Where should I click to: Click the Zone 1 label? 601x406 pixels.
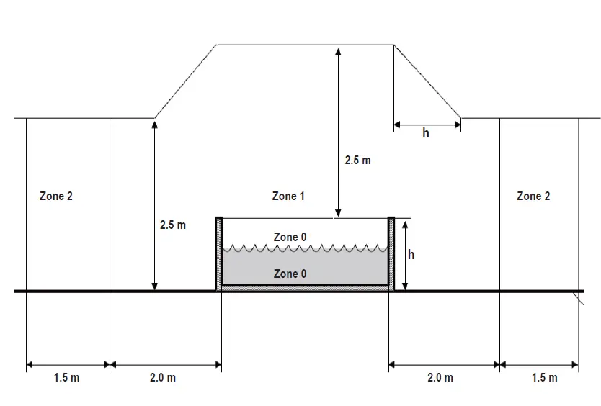click(288, 196)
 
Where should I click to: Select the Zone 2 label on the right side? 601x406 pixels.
click(534, 196)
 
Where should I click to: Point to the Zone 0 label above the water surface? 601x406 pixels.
click(290, 237)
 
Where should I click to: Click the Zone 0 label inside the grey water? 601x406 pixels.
click(290, 274)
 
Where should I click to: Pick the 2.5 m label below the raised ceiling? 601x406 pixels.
click(357, 161)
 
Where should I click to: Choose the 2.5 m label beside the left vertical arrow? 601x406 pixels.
click(172, 225)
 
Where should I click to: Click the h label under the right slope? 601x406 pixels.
click(426, 133)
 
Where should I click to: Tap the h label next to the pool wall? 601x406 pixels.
click(411, 254)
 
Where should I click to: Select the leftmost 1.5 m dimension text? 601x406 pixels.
click(66, 378)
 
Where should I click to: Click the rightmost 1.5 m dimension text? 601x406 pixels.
click(544, 378)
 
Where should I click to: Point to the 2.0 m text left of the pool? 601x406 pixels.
click(162, 378)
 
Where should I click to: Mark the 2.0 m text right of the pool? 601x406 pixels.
click(440, 378)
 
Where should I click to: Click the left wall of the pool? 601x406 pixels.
click(218, 252)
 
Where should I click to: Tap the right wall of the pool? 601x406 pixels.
click(391, 252)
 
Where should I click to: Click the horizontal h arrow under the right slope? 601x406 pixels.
click(427, 125)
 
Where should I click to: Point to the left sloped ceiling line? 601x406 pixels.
click(186, 81)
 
